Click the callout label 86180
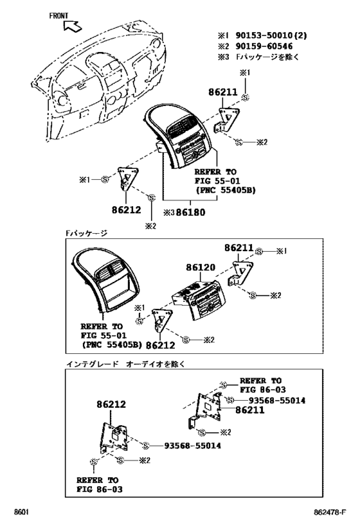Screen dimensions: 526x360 point(193,211)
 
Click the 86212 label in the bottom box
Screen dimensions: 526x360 point(111,405)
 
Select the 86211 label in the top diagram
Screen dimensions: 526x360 point(222,92)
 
